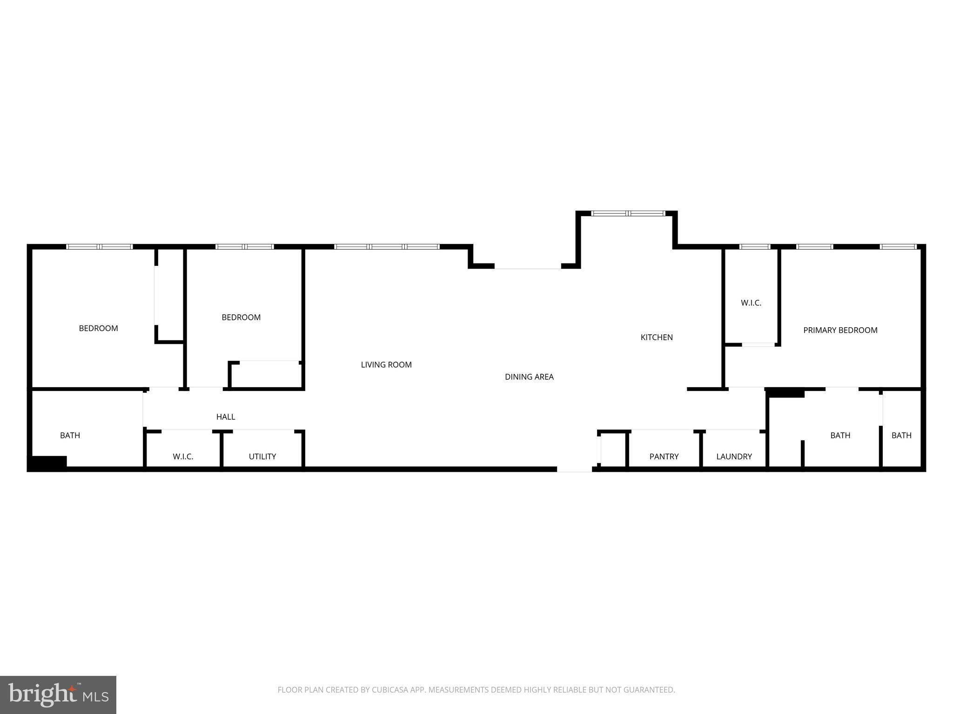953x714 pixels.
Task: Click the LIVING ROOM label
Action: [x=386, y=365]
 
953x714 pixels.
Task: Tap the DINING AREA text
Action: [x=529, y=377]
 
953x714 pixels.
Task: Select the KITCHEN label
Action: [x=657, y=337]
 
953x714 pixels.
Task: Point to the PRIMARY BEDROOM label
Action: [x=840, y=331]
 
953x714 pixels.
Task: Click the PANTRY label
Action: [x=664, y=456]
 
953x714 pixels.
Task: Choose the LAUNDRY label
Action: [x=734, y=456]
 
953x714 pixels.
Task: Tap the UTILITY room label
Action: [x=262, y=456]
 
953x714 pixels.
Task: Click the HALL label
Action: [x=226, y=417]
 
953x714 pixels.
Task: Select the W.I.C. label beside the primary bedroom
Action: [x=751, y=303]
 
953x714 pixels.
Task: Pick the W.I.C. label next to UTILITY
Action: [x=183, y=456]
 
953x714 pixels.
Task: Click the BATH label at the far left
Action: [x=70, y=436]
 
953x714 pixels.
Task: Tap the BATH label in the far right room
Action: [x=901, y=436]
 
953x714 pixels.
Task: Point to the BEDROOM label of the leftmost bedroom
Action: [x=98, y=329]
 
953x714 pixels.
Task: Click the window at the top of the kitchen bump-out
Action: [x=628, y=213]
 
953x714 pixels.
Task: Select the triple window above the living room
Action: [x=387, y=247]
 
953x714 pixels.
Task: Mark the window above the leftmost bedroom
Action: [x=100, y=247]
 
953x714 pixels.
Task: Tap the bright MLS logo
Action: [x=58, y=694]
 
